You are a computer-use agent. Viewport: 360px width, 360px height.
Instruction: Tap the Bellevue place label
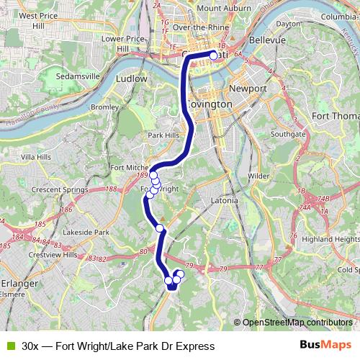click(x=268, y=41)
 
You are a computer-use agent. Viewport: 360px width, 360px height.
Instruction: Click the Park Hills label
click(x=163, y=135)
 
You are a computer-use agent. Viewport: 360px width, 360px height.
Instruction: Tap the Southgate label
click(x=288, y=134)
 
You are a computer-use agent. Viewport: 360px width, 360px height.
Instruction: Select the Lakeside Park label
click(x=86, y=233)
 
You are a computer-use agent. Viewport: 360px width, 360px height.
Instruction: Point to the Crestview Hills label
click(x=51, y=255)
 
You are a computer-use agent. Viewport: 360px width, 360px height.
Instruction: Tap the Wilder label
click(x=258, y=175)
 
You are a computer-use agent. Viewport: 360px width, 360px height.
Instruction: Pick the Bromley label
click(x=105, y=107)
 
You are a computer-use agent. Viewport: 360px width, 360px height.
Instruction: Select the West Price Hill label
click(x=37, y=15)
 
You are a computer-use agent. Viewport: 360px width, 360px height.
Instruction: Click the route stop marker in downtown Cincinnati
click(x=213, y=55)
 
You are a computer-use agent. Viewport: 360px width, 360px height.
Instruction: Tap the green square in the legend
click(x=9, y=346)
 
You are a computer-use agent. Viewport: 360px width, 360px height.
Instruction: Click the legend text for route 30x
click(x=118, y=346)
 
